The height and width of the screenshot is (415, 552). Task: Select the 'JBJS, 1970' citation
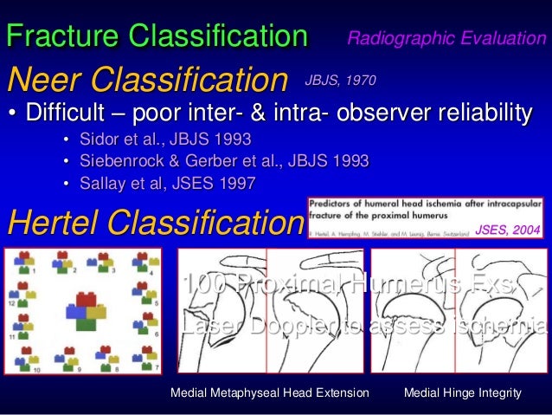pyautogui.click(x=339, y=81)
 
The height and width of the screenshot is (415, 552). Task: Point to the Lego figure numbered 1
pyautogui.click(x=25, y=260)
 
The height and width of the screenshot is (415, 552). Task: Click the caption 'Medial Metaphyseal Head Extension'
pyautogui.click(x=270, y=393)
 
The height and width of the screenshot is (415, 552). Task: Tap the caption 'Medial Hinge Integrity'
pyautogui.click(x=463, y=393)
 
